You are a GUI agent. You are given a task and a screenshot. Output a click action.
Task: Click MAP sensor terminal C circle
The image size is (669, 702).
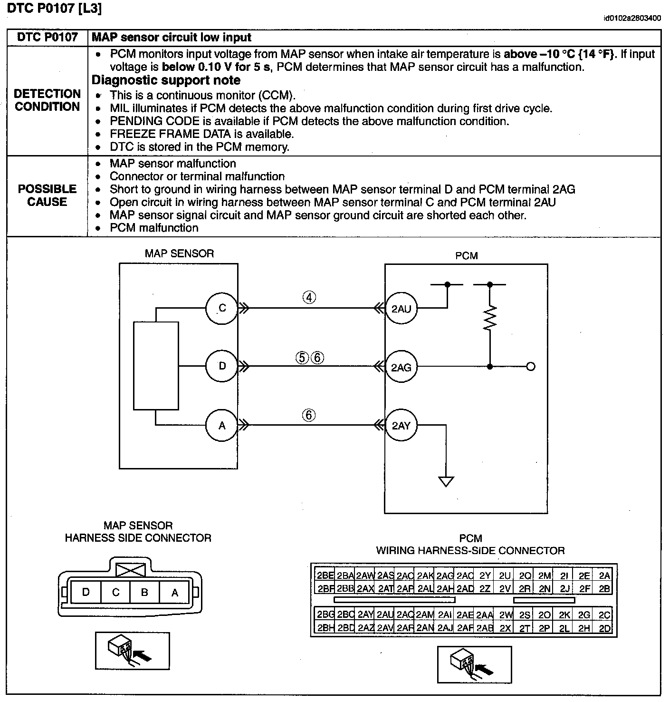(x=222, y=308)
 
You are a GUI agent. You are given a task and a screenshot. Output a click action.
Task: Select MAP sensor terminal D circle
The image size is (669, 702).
(x=222, y=366)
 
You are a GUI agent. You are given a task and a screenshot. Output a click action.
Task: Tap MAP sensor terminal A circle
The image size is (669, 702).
(x=222, y=425)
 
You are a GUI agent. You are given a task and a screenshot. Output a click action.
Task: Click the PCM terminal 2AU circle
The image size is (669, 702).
(x=401, y=309)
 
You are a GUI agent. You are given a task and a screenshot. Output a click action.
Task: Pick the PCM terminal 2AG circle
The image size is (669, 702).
(x=401, y=367)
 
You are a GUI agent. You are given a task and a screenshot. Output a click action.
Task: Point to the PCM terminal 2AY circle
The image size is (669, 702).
(x=401, y=426)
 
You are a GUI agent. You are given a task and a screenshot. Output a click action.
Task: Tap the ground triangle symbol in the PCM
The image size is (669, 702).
(x=446, y=481)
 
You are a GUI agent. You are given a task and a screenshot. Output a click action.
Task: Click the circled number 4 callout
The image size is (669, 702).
(x=309, y=298)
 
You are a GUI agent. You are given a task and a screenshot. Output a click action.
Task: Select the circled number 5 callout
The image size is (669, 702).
(x=302, y=357)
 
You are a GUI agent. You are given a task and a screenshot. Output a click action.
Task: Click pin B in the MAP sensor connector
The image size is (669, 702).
(x=144, y=593)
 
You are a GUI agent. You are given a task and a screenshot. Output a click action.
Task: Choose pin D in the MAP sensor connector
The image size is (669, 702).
(x=86, y=593)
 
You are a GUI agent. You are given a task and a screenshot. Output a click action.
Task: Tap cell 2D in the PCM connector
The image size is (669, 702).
(x=604, y=628)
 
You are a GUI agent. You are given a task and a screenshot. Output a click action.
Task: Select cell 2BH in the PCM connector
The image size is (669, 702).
(x=325, y=628)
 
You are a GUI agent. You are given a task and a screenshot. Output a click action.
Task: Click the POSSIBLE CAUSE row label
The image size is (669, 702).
(x=47, y=195)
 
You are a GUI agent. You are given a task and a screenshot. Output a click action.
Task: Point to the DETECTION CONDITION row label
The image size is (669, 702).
(x=47, y=100)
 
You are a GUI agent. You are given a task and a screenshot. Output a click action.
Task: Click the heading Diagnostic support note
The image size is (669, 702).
(x=166, y=80)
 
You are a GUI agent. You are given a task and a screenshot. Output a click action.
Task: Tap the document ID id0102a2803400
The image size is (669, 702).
(x=632, y=19)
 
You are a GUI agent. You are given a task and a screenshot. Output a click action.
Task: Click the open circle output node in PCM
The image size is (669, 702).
(x=531, y=366)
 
